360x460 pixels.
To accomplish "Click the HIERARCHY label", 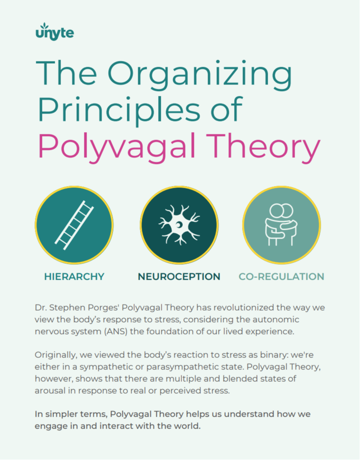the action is click(74, 277).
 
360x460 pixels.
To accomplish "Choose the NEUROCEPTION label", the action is click(179, 277).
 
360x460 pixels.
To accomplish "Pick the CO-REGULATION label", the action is click(281, 277).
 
